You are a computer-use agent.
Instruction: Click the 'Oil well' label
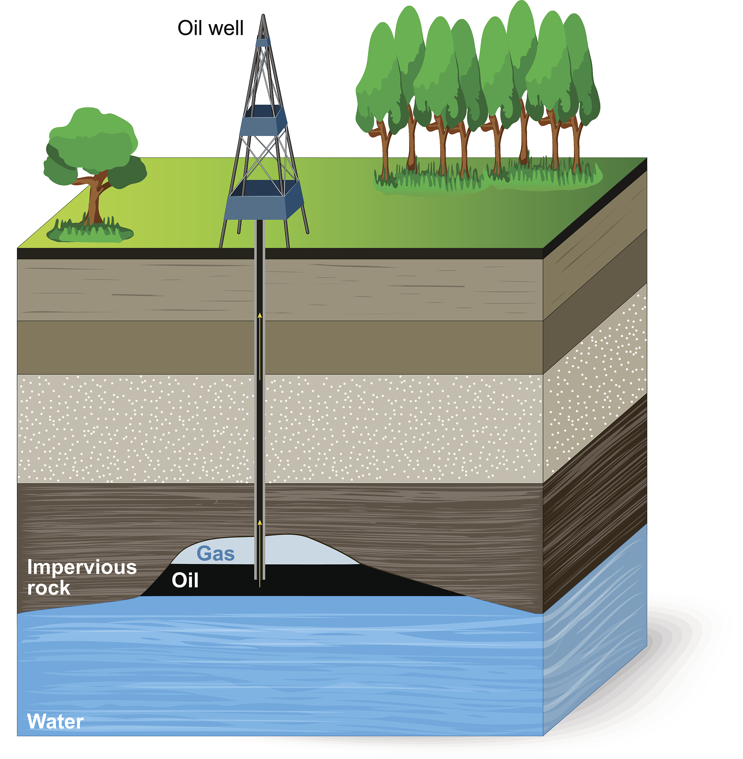(x=210, y=29)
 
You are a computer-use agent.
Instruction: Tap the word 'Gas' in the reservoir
(x=215, y=554)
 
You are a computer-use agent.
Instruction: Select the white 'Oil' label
(x=185, y=580)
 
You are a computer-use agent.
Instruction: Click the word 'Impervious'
(x=82, y=567)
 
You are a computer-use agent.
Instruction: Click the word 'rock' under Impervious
(x=49, y=588)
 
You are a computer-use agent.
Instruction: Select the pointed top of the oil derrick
(x=263, y=16)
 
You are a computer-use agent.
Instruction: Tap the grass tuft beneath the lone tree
(x=90, y=232)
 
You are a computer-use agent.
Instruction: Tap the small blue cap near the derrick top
(x=263, y=42)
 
